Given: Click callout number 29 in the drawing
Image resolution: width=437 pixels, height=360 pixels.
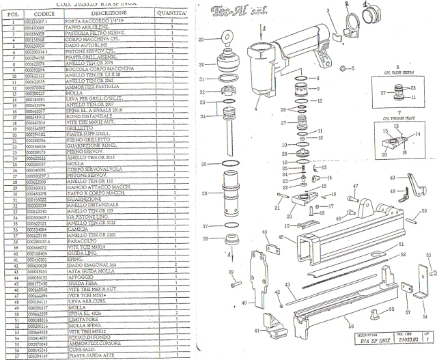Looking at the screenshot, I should (x=201, y=41).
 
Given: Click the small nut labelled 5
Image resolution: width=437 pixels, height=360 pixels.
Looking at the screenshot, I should (x=344, y=68).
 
